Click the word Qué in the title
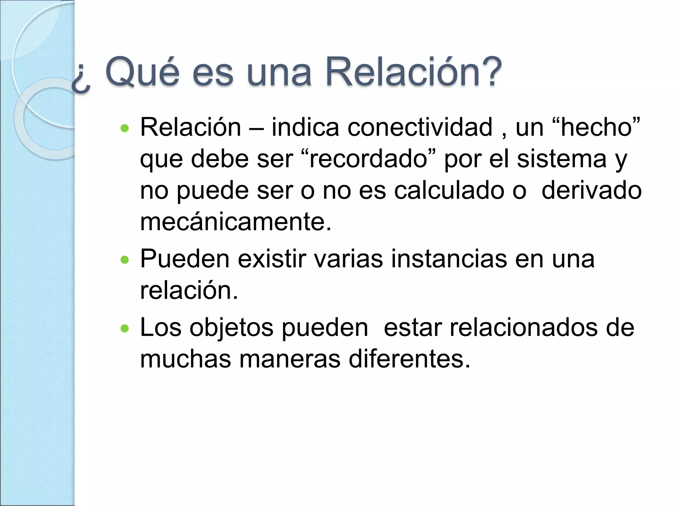tap(142, 72)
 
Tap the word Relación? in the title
tap(413, 72)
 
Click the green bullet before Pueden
tap(125, 260)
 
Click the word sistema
tap(562, 159)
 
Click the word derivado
tap(592, 191)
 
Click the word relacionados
tap(524, 327)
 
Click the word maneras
tap(290, 359)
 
